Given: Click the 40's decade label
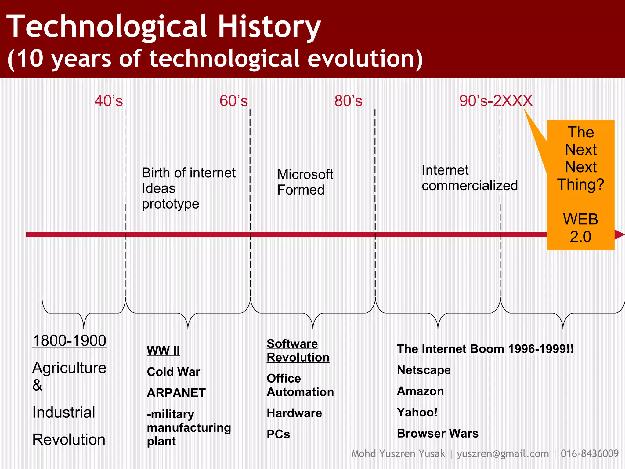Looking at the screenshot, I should [109, 101].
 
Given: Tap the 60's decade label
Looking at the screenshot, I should [233, 101].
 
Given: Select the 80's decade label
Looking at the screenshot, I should [348, 101].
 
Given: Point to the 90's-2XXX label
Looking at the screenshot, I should [496, 101].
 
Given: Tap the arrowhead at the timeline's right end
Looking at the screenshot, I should [620, 234].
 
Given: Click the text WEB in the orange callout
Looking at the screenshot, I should [580, 219].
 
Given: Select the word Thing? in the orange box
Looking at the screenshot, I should [580, 184].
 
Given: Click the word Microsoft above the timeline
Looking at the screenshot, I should [305, 174].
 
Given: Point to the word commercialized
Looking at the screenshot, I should [470, 186].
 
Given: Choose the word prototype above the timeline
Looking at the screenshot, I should [170, 204].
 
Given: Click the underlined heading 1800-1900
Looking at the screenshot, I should [69, 340].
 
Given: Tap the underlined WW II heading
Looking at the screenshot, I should [163, 351].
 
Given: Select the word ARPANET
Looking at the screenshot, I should [176, 393].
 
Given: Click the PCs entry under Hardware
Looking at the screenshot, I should [278, 434].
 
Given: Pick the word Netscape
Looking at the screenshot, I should [424, 370].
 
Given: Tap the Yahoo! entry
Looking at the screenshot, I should [417, 412].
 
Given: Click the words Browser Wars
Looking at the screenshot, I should [438, 434].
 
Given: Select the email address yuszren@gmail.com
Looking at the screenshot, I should [503, 454].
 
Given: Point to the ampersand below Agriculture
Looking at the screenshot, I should [37, 385].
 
